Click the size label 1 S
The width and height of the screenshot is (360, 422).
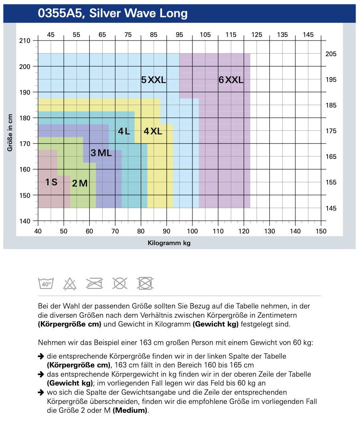point(51,182)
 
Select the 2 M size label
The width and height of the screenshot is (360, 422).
point(79,183)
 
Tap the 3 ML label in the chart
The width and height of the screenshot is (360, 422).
point(101,153)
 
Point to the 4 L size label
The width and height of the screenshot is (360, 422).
point(124,131)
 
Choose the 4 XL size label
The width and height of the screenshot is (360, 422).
point(153,131)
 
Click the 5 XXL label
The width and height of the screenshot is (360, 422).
point(154,80)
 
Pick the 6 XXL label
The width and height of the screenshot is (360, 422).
point(231,80)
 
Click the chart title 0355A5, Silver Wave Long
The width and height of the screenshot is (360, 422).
point(113,14)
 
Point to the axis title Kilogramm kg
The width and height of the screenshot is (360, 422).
point(169,243)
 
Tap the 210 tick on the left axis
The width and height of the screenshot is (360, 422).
point(25,41)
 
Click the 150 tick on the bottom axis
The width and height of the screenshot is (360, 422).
point(321,231)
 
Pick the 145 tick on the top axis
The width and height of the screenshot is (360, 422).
point(308,35)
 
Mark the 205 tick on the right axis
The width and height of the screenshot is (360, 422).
point(331,54)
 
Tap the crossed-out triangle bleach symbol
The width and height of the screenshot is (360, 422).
point(70,284)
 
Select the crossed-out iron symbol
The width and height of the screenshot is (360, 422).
point(95,283)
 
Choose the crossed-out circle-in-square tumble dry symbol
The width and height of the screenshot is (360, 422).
point(145,283)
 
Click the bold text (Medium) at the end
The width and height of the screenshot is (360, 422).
point(131,410)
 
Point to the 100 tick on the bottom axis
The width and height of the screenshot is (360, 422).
point(192,231)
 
